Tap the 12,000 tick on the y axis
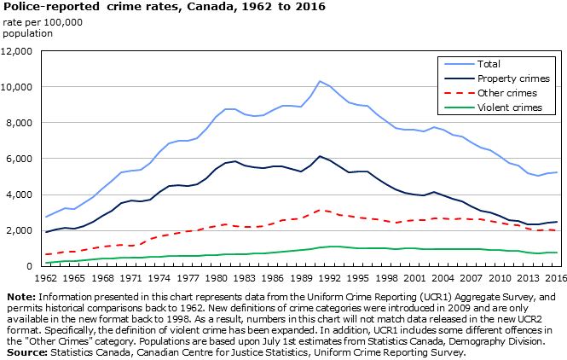coord(17,51)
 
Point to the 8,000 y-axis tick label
coord(20,123)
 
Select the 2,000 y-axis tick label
coord(20,230)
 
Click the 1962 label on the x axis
coord(47,278)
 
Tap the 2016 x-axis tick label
coord(556,278)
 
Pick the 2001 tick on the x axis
coord(415,278)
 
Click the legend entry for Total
coord(489,64)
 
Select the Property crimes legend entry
coord(510,78)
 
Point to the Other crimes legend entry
coord(506,93)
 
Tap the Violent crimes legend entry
coord(509,107)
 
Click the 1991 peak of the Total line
coord(320,81)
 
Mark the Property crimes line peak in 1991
coord(320,156)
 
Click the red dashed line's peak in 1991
coord(320,209)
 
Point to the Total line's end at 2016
coord(556,172)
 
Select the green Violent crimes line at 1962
coord(47,263)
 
